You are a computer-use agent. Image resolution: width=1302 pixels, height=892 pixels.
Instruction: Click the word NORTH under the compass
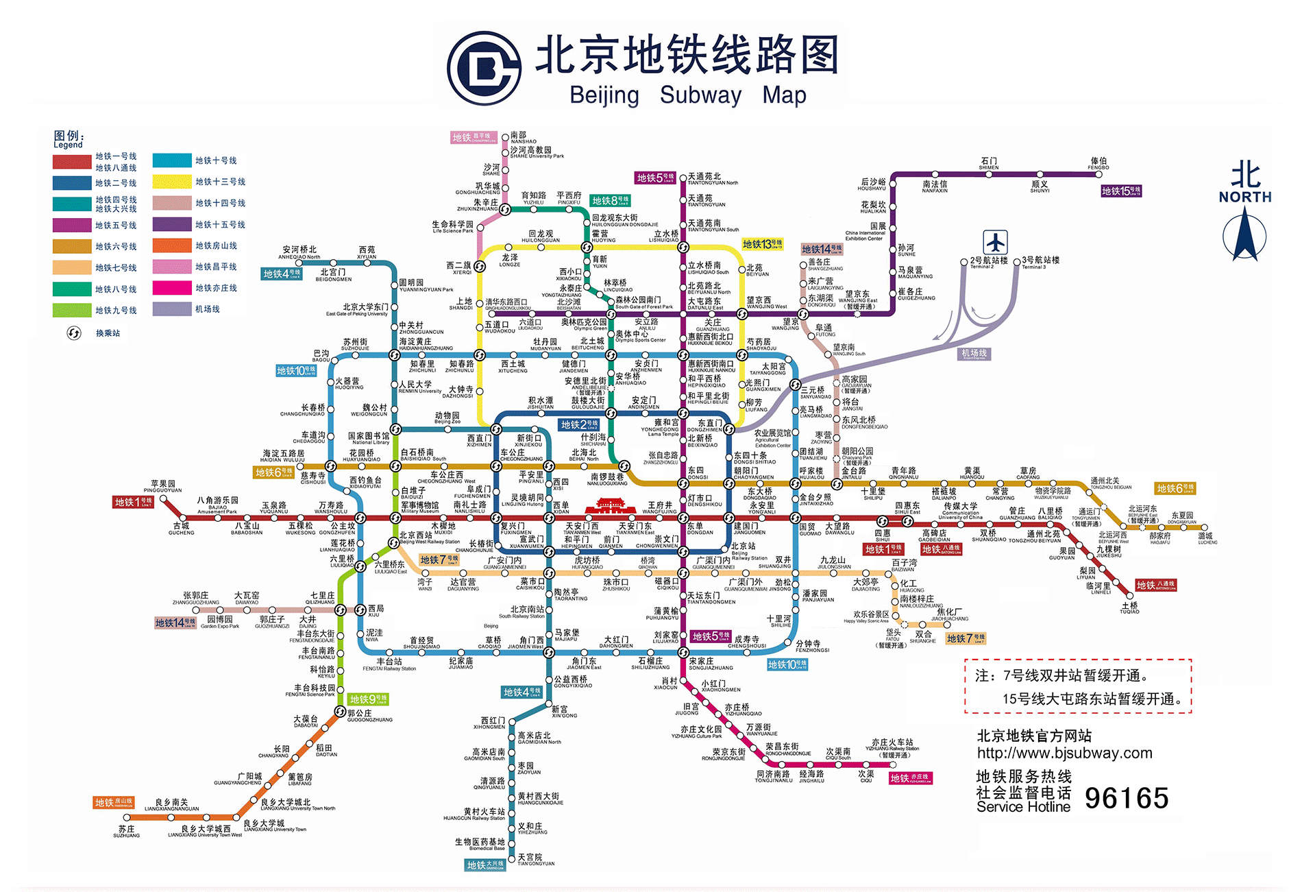point(1244,197)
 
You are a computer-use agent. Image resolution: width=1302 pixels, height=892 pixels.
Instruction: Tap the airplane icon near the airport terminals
point(994,243)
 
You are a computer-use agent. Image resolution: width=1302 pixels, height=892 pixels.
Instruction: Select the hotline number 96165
point(1126,798)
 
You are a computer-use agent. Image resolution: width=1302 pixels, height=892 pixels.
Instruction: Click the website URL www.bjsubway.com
point(1064,753)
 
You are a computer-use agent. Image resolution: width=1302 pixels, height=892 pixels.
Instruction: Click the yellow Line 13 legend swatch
point(171,182)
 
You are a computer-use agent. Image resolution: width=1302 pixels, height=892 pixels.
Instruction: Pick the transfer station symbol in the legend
point(73,333)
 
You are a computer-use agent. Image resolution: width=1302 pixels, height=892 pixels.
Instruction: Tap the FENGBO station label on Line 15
point(1098,164)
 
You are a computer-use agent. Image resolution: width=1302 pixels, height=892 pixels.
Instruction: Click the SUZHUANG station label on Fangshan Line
point(126,832)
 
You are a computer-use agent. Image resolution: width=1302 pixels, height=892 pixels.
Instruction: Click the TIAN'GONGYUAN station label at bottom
point(535,860)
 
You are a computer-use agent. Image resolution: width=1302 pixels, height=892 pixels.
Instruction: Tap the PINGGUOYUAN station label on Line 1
point(162,487)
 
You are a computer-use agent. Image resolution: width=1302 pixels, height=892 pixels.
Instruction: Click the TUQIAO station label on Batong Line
point(1129,608)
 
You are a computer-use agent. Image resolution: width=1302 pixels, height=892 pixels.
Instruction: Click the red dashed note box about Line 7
point(1078,686)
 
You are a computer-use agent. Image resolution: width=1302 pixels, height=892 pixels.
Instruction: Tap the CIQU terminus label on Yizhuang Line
point(866,777)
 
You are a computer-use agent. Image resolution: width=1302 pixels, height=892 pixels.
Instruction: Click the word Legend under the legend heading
point(68,145)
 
